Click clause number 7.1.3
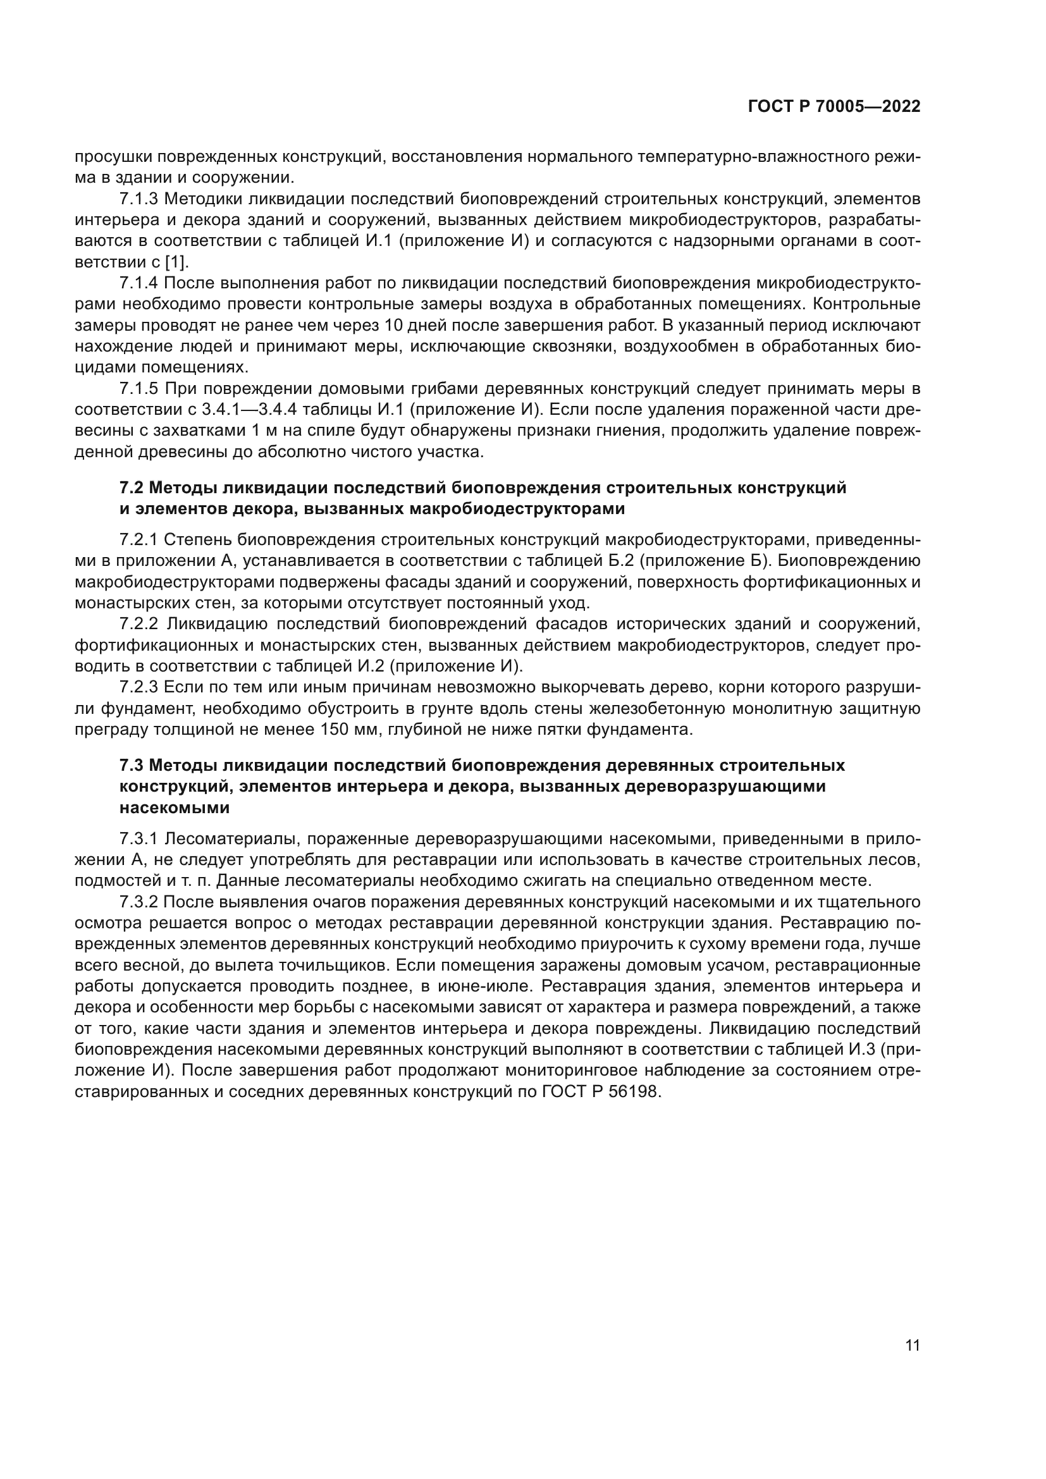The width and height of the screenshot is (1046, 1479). (x=138, y=199)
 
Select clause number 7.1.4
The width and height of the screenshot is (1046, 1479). (x=138, y=283)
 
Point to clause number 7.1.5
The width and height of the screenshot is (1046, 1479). (x=138, y=389)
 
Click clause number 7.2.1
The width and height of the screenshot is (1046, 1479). (x=138, y=540)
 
